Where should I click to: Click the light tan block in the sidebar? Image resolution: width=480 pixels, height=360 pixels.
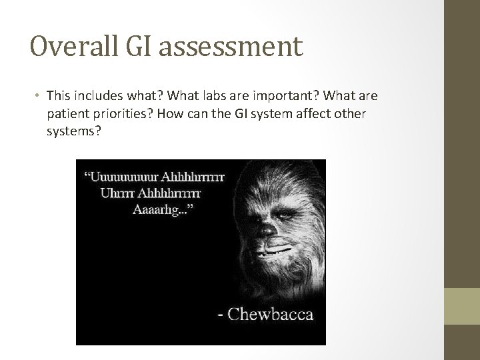point(463,306)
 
